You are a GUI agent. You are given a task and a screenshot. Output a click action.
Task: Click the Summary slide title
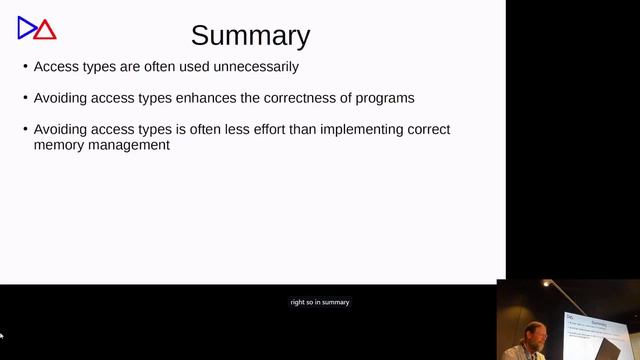point(250,36)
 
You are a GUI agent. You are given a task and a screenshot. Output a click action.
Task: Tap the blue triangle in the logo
point(26,28)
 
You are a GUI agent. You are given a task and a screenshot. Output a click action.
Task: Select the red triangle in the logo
point(45,30)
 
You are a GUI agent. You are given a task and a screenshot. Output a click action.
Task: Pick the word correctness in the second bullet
point(289,98)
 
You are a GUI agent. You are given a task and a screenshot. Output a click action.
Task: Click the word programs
point(385,98)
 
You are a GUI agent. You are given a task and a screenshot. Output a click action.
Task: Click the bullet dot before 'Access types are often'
point(25,67)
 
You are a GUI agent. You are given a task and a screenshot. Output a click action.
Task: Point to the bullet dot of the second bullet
point(25,98)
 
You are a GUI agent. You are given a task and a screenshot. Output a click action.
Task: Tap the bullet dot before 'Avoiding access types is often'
point(25,130)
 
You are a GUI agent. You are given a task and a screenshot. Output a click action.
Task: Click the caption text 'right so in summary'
point(320,302)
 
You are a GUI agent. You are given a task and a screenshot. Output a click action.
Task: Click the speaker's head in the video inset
point(535,332)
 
